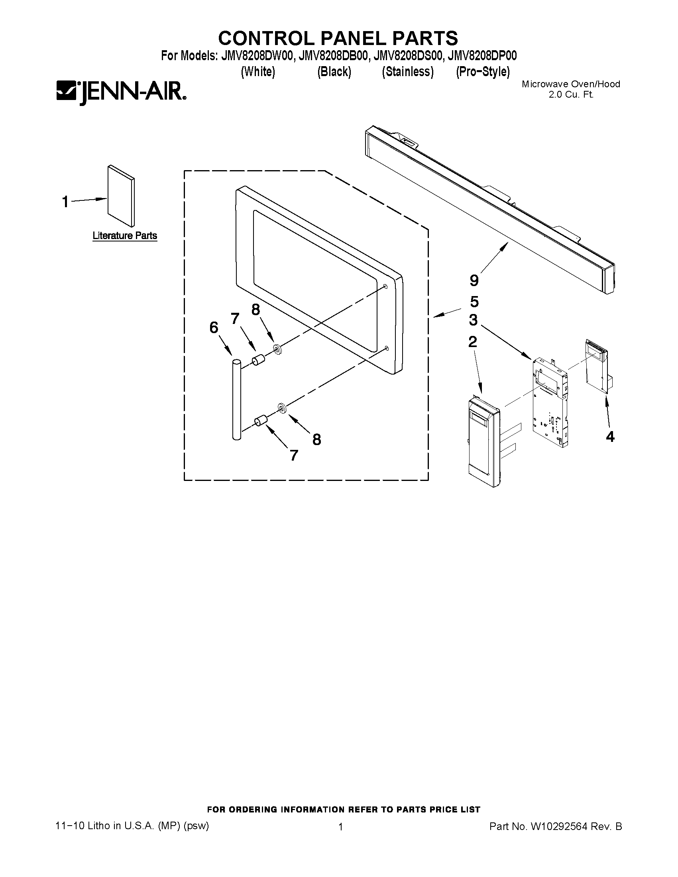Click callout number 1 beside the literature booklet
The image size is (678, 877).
[x=65, y=202]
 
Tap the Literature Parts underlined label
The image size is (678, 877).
[x=124, y=236]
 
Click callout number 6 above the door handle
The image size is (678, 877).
[x=214, y=328]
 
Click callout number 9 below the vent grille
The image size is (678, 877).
[x=474, y=280]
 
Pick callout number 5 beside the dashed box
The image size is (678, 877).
[x=474, y=301]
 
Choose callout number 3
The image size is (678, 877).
[x=473, y=320]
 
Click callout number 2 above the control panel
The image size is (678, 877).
[x=473, y=342]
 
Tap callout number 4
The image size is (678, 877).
[x=610, y=437]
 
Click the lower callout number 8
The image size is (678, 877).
[x=316, y=440]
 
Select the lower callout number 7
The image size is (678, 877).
[x=294, y=455]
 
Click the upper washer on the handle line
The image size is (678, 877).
[x=277, y=348]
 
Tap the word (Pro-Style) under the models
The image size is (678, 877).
[x=482, y=72]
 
